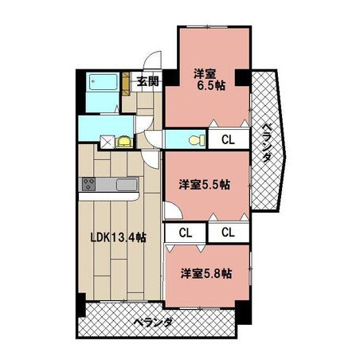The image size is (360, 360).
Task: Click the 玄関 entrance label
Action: point(148,81)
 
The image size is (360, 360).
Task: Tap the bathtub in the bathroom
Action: point(103,82)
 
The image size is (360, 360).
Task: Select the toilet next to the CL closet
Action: point(198,140)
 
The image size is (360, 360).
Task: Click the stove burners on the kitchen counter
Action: point(88,184)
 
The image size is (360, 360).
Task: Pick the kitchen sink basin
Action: point(127,184)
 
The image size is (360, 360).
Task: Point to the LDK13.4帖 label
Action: point(119,237)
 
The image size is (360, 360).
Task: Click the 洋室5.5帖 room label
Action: point(204,185)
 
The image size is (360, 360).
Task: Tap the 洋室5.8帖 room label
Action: point(206,273)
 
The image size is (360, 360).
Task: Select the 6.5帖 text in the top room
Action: point(211,85)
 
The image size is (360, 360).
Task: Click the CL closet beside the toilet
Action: point(229,139)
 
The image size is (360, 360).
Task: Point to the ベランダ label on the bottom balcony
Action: point(154,323)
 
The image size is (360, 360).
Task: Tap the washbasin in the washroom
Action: point(124,141)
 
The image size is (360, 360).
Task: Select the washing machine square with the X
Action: point(108,142)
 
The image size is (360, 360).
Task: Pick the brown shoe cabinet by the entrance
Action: point(126,84)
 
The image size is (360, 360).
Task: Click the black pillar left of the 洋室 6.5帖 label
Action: point(170,77)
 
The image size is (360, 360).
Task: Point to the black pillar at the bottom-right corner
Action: point(243,312)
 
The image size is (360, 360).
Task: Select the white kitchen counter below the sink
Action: point(109,197)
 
